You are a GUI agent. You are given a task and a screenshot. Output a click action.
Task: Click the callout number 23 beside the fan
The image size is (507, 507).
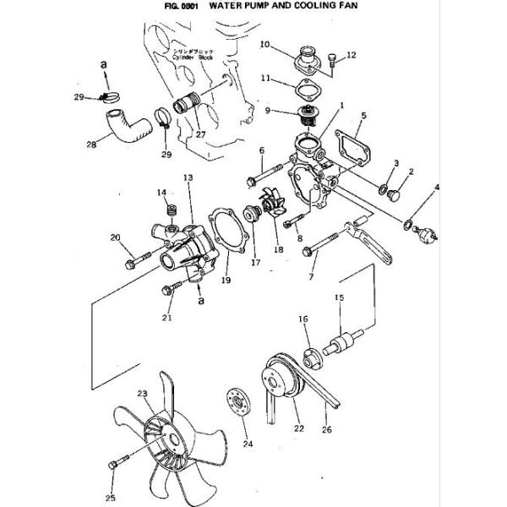[x=142, y=394]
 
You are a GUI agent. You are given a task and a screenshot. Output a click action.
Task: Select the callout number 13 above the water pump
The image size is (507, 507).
[x=188, y=178]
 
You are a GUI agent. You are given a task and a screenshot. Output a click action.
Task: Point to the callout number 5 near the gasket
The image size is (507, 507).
[x=363, y=115]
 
